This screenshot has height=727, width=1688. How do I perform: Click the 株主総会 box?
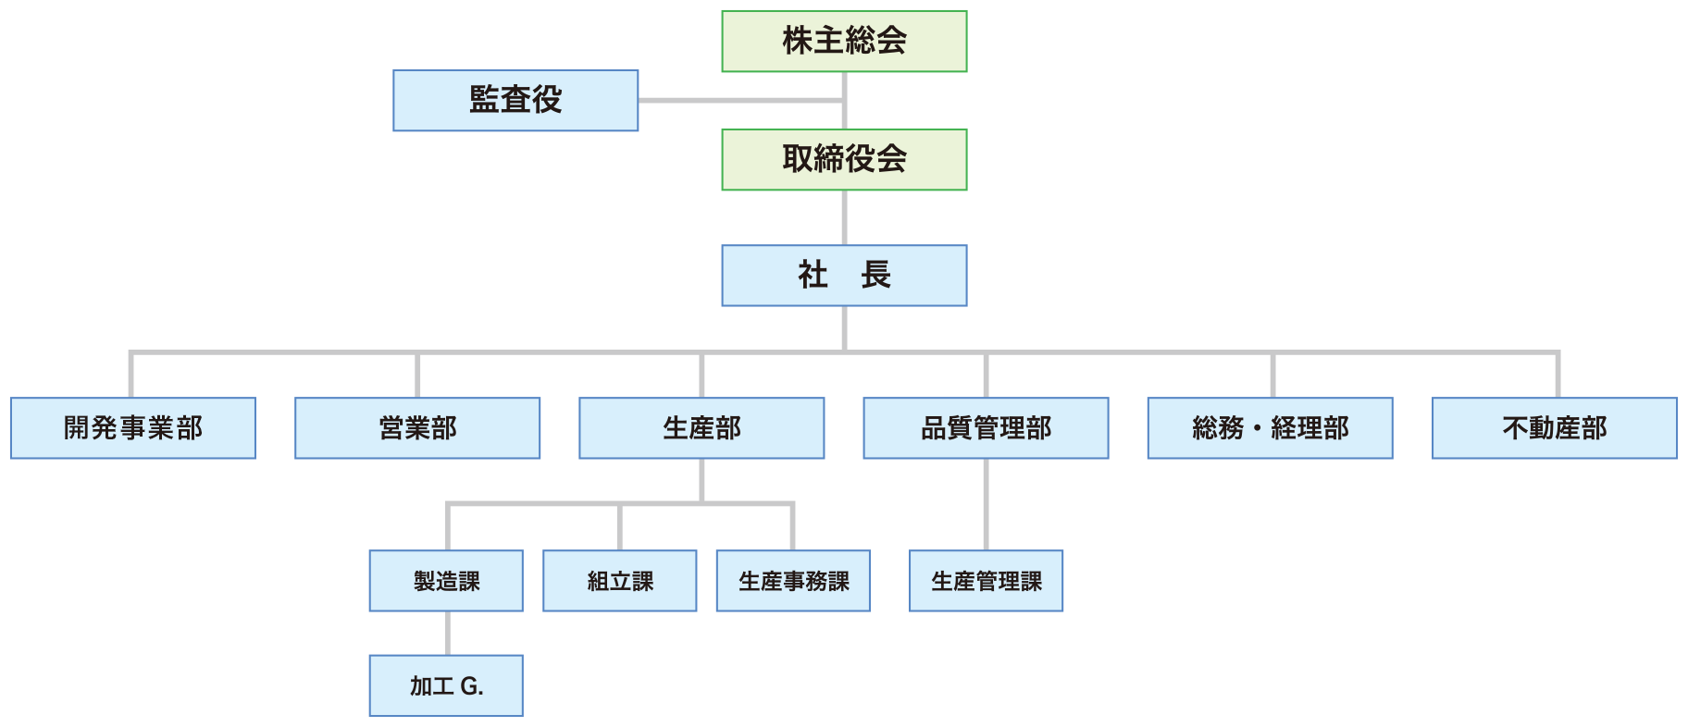tap(844, 42)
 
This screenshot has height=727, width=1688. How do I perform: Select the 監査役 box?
tap(515, 100)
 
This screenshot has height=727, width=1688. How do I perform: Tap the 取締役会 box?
tap(844, 160)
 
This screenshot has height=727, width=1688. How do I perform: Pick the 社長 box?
tap(844, 276)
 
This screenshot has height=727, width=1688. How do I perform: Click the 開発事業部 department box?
tap(133, 428)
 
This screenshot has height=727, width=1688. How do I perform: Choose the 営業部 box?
tap(417, 428)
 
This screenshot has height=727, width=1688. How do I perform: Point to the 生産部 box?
tap(701, 428)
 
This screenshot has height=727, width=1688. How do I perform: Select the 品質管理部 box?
tap(986, 428)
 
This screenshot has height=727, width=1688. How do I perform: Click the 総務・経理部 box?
tap(1270, 428)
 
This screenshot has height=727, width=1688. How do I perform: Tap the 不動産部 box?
tap(1555, 428)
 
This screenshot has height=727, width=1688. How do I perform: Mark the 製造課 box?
tap(446, 581)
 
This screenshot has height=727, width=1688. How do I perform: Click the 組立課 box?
tap(620, 581)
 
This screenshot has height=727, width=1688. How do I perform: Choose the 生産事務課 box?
tap(793, 581)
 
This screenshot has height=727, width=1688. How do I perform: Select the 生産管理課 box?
tap(986, 581)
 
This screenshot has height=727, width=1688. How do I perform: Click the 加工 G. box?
tap(446, 685)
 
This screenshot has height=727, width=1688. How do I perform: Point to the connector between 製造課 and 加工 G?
tap(448, 634)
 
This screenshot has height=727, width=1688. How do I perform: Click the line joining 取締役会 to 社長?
tap(844, 218)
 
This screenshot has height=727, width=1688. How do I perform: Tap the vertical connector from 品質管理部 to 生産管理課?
tap(986, 505)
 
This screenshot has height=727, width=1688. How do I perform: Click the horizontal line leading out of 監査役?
tap(741, 100)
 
